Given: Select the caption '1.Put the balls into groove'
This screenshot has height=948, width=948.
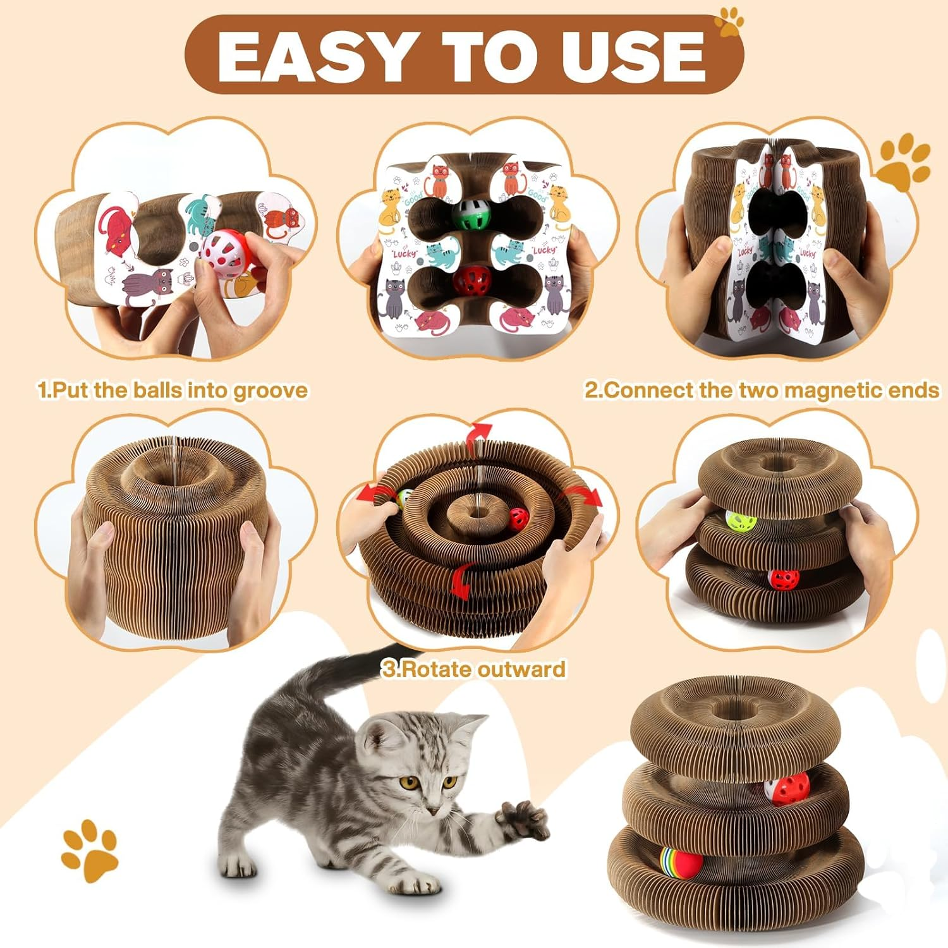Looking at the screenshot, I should point(173,390).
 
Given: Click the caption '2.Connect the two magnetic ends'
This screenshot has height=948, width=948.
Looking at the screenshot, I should point(761,390).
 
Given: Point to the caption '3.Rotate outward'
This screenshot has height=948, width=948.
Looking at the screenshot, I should point(473,669).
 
